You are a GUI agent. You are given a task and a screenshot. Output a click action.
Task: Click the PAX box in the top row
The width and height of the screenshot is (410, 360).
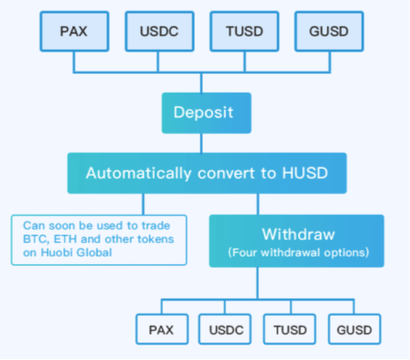tap(73, 31)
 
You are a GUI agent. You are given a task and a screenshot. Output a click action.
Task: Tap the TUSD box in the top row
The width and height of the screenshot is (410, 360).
tap(244, 31)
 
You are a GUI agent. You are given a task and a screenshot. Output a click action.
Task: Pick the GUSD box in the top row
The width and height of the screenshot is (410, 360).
tap(329, 31)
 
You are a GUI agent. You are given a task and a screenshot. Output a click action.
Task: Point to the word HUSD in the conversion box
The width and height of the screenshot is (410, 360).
tap(306, 173)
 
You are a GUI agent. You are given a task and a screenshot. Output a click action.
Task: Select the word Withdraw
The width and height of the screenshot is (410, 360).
tap(298, 235)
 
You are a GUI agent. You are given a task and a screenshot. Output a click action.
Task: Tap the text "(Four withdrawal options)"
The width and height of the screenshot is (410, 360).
tap(298, 253)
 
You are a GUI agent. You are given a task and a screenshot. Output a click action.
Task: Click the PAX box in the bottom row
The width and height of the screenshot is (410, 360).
tap(161, 329)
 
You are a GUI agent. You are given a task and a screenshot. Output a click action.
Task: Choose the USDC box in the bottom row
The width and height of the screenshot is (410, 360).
tap(225, 329)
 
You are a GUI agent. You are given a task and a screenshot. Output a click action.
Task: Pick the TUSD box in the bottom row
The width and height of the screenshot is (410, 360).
tap(290, 329)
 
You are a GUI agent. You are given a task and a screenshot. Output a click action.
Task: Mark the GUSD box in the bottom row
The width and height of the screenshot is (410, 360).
tap(354, 329)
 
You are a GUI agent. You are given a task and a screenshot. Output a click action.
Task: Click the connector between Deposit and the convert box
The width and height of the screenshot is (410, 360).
tap(201, 143)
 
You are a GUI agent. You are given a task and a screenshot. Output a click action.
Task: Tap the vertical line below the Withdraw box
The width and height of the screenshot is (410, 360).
tap(257, 283)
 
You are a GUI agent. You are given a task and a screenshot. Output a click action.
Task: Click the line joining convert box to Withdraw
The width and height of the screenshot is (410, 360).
tap(257, 204)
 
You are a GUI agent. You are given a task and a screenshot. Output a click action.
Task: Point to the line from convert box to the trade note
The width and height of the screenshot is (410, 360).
tap(143, 204)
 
